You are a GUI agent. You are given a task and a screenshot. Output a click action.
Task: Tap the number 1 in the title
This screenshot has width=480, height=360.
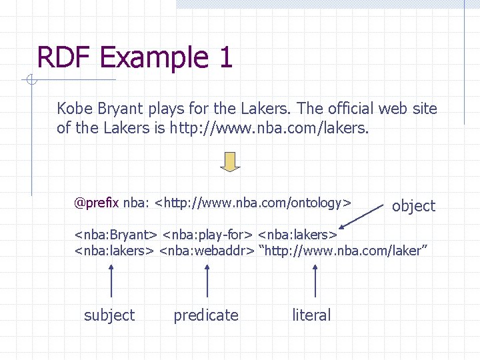click(224, 57)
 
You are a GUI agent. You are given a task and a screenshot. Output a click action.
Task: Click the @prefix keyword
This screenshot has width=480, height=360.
click(97, 203)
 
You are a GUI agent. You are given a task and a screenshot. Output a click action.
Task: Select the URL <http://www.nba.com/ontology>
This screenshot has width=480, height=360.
click(253, 203)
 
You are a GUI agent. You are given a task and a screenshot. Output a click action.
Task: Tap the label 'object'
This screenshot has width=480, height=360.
click(413, 206)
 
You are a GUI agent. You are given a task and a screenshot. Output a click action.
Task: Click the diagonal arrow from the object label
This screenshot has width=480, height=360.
click(364, 218)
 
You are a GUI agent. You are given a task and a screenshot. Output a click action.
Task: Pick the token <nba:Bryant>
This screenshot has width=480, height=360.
click(115, 235)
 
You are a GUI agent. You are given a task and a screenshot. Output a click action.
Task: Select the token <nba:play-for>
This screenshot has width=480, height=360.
click(207, 235)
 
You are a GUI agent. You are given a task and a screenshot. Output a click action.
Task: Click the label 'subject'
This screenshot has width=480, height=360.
click(109, 315)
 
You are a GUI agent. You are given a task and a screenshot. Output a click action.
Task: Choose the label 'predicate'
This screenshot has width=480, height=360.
click(206, 315)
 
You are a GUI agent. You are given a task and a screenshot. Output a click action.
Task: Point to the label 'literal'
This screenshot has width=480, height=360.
click(311, 315)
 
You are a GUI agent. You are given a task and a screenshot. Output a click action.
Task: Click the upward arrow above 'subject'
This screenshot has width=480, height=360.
click(111, 280)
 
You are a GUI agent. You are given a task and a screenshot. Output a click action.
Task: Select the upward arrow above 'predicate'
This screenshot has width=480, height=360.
click(208, 280)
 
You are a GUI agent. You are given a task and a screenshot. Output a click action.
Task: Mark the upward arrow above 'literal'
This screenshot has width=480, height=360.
click(315, 280)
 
